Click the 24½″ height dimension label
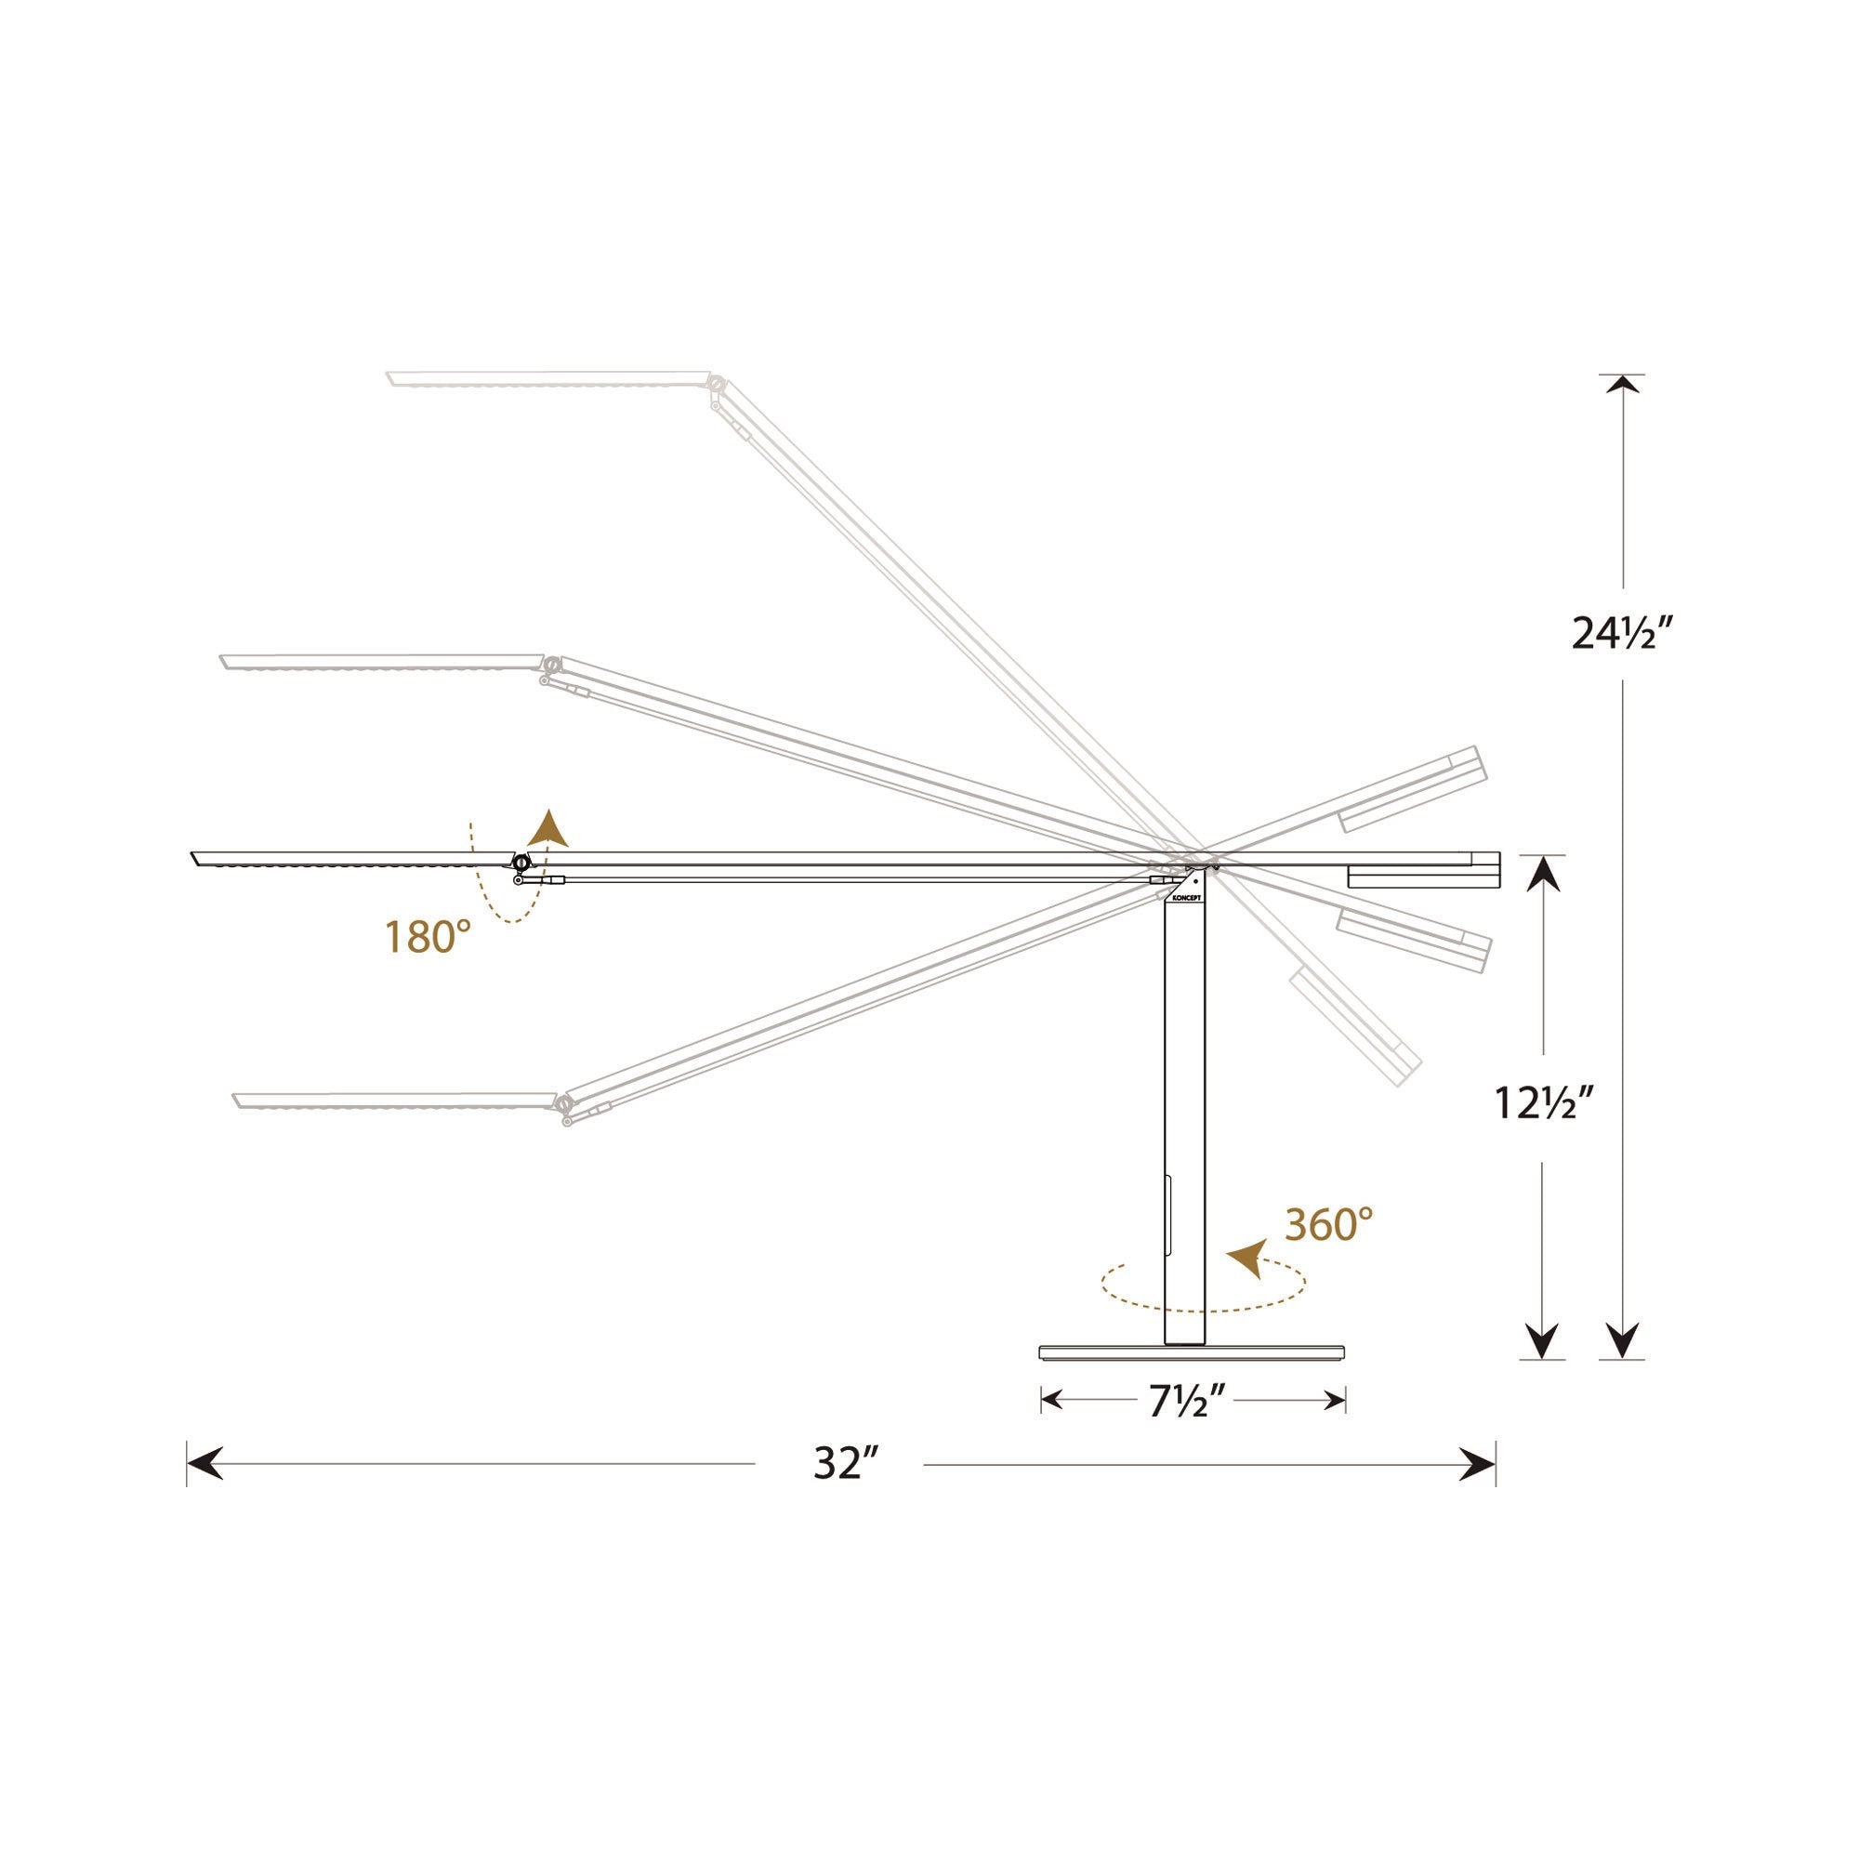(x=1626, y=633)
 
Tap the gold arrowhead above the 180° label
(x=550, y=827)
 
